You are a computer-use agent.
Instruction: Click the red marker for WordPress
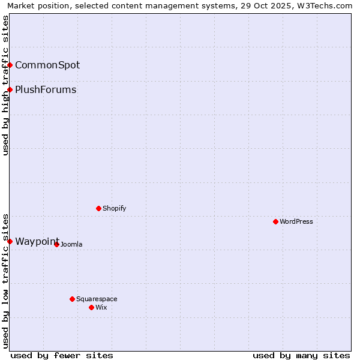pyautogui.click(x=275, y=221)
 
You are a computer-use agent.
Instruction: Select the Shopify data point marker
pyautogui.click(x=98, y=208)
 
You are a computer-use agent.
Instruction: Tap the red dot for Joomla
pyautogui.click(x=56, y=244)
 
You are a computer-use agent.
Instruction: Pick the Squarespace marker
pyautogui.click(x=72, y=299)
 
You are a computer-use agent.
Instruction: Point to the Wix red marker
pyautogui.click(x=91, y=307)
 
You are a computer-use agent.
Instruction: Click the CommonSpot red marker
pyautogui.click(x=10, y=65)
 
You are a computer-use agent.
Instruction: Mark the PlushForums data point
pyautogui.click(x=10, y=89)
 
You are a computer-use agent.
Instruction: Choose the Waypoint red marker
pyautogui.click(x=10, y=241)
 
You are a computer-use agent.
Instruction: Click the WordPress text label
pyautogui.click(x=296, y=221)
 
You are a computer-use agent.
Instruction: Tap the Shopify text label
pyautogui.click(x=114, y=208)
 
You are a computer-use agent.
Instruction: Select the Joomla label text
pyautogui.click(x=71, y=244)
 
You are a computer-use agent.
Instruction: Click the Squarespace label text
pyautogui.click(x=97, y=299)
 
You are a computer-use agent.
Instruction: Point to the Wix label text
pyautogui.click(x=101, y=307)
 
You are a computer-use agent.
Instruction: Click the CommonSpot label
pyautogui.click(x=47, y=65)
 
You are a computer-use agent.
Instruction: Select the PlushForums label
pyautogui.click(x=46, y=89)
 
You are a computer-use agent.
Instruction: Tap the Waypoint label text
pyautogui.click(x=37, y=241)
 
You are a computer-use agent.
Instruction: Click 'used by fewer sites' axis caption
pyautogui.click(x=62, y=355)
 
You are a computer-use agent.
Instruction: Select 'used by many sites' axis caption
pyautogui.click(x=301, y=355)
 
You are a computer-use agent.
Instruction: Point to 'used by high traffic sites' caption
pyautogui.click(x=5, y=85)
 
